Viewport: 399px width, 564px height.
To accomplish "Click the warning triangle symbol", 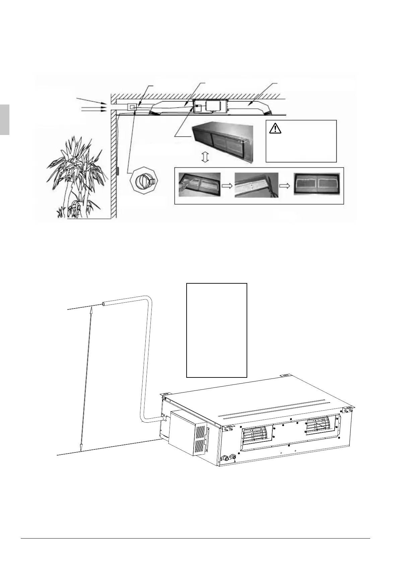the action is point(275,128).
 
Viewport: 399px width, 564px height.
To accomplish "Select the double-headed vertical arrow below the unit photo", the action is point(206,157).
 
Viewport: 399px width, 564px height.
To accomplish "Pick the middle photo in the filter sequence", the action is point(256,185).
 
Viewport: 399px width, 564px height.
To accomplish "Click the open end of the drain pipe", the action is point(104,304).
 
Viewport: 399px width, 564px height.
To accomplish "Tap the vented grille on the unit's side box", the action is point(200,439).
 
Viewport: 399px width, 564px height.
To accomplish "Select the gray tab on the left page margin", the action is point(4,119).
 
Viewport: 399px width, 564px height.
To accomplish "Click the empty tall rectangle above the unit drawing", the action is point(216,330).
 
